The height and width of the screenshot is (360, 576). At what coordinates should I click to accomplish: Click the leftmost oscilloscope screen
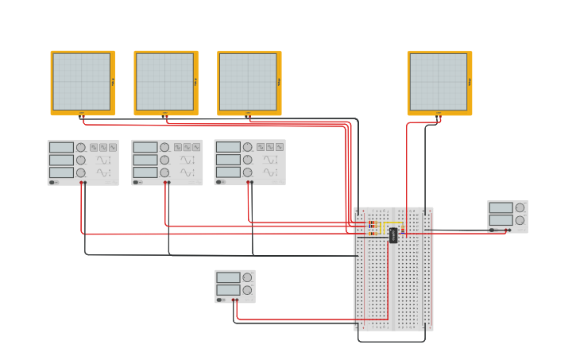(82, 82)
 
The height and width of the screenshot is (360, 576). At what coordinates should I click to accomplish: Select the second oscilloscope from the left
(165, 82)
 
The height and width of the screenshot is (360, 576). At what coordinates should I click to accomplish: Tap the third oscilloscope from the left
(249, 82)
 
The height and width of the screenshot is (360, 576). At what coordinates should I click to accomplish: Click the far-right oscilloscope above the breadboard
(439, 82)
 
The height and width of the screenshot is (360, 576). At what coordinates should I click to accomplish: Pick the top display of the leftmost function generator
(61, 147)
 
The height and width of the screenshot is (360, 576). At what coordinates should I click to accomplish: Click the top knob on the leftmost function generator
(81, 147)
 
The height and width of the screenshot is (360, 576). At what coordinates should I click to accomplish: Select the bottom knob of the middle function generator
(164, 172)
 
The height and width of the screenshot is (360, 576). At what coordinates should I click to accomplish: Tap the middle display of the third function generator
(228, 160)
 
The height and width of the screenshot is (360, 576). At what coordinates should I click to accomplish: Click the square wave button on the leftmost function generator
(94, 147)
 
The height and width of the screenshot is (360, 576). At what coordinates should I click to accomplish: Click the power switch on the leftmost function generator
(52, 182)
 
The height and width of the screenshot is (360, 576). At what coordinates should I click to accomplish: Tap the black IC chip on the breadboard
(393, 234)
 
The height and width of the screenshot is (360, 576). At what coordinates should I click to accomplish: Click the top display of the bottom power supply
(228, 277)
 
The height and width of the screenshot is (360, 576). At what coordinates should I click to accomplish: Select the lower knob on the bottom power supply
(248, 290)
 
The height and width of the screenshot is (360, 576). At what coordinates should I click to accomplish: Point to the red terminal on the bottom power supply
(237, 300)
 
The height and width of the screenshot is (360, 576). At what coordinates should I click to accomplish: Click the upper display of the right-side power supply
(501, 207)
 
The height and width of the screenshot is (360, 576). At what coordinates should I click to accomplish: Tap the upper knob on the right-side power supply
(520, 207)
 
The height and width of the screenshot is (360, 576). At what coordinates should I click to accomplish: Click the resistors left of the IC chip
(373, 228)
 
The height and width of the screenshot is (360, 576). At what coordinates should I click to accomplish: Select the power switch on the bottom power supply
(219, 300)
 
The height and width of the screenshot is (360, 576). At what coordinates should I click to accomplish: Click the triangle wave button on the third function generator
(270, 147)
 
